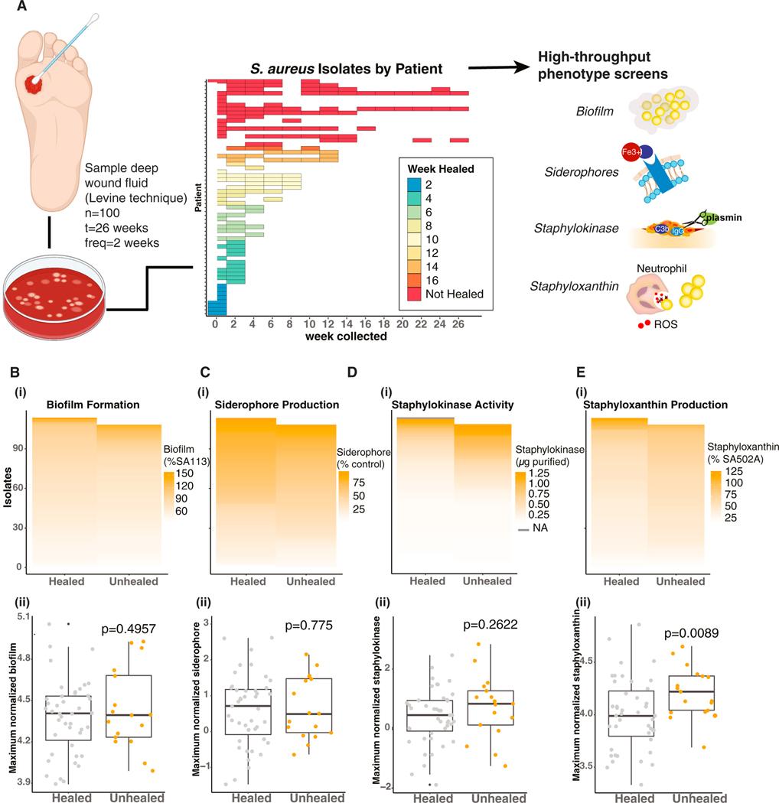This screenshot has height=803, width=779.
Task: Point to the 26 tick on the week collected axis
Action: tap(459, 323)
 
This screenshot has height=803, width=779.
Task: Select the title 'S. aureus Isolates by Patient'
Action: tap(346, 69)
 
